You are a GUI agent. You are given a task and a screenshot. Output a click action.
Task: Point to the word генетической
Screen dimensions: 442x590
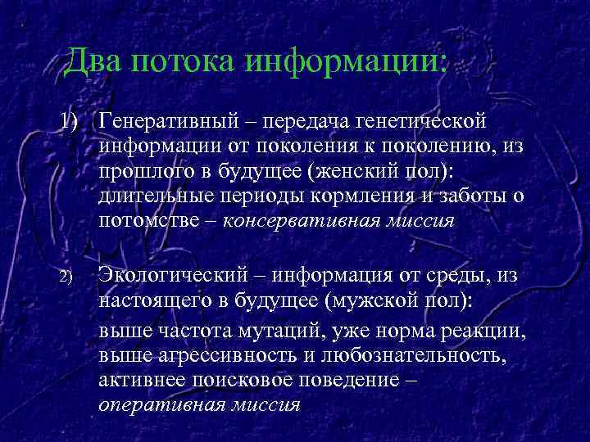(420, 122)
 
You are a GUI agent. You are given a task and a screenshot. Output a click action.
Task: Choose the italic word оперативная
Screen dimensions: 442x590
(159, 404)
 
